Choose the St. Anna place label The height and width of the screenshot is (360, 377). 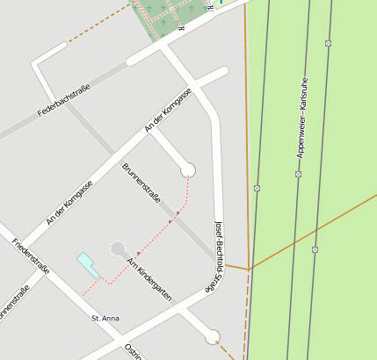(105, 318)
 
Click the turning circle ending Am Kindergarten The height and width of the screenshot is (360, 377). (118, 249)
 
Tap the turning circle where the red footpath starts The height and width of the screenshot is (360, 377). (187, 169)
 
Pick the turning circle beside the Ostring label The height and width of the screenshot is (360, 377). (212, 336)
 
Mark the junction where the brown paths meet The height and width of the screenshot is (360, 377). (250, 268)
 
